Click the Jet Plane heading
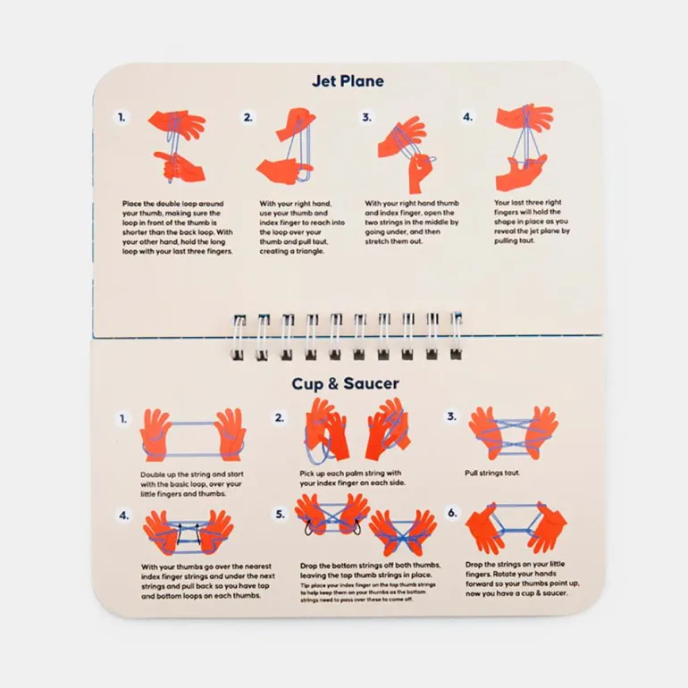pyautogui.click(x=348, y=81)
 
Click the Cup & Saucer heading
pyautogui.click(x=345, y=383)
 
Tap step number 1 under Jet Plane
pyautogui.click(x=122, y=117)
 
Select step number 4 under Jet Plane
pyautogui.click(x=467, y=117)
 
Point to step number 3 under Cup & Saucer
pyautogui.click(x=451, y=416)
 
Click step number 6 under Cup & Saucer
pyautogui.click(x=452, y=513)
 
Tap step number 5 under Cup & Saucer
pyautogui.click(x=280, y=514)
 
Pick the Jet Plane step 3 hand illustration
pyautogui.click(x=407, y=154)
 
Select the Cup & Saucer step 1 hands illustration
pyautogui.click(x=193, y=435)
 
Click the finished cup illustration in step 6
pyautogui.click(x=516, y=528)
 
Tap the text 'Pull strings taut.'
pyautogui.click(x=492, y=473)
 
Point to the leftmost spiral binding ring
pyautogui.click(x=239, y=338)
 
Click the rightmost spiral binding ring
pyautogui.click(x=456, y=336)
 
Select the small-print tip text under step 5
pyautogui.click(x=368, y=592)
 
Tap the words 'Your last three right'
pyautogui.click(x=528, y=202)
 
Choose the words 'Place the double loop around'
pyautogui.click(x=172, y=204)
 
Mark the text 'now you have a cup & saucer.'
pyautogui.click(x=516, y=593)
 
